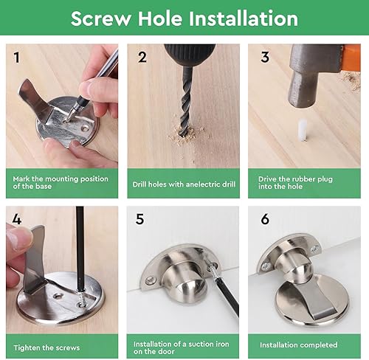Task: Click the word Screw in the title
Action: click(x=101, y=18)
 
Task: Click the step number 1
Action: click(x=16, y=58)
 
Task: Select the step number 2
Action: click(x=142, y=57)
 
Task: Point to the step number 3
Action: click(x=265, y=57)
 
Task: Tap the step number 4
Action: click(x=16, y=219)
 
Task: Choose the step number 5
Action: click(x=139, y=219)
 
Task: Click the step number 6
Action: click(x=265, y=219)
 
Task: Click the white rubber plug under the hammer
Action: click(x=303, y=130)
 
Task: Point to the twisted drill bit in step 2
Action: click(x=186, y=101)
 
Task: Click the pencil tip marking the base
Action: click(x=69, y=117)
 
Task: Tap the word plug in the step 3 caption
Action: click(x=325, y=179)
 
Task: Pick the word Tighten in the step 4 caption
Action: click(x=27, y=348)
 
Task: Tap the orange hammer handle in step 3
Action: click(x=350, y=58)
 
